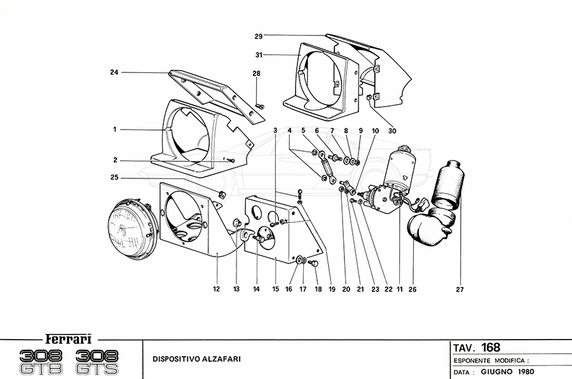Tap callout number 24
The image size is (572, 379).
click(x=114, y=72)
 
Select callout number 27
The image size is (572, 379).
click(x=460, y=290)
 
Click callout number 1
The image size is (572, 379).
click(x=115, y=130)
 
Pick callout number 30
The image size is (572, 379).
click(x=392, y=131)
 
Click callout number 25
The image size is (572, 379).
click(x=115, y=177)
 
